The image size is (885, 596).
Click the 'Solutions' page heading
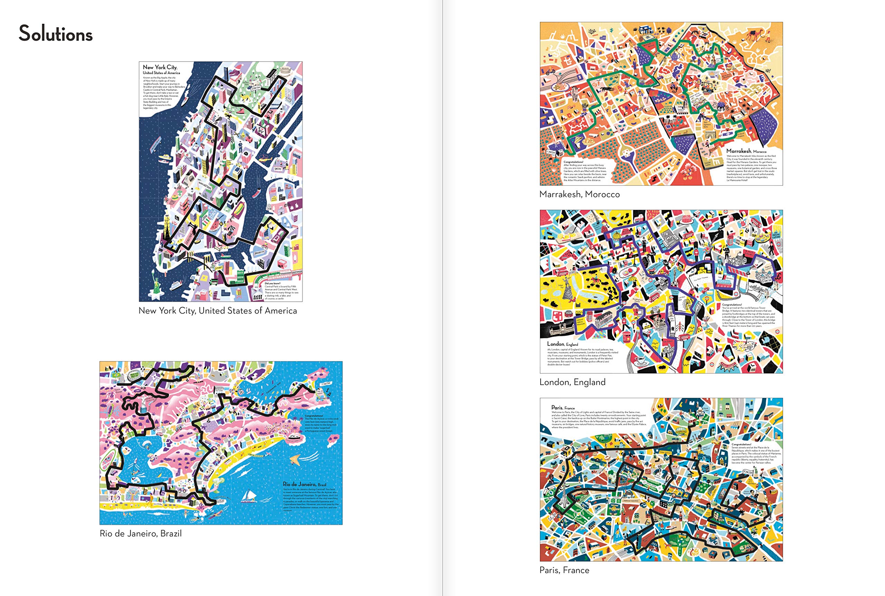(x=56, y=34)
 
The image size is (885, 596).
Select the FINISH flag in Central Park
(x=256, y=87)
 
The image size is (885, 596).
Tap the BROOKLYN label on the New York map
(x=259, y=252)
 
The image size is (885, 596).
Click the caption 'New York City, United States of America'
(x=217, y=311)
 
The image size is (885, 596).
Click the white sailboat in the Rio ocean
(x=248, y=496)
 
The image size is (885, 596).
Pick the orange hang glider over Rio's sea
(x=295, y=460)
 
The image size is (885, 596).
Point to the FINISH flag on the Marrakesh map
(x=550, y=152)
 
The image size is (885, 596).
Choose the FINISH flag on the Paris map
(x=747, y=472)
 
